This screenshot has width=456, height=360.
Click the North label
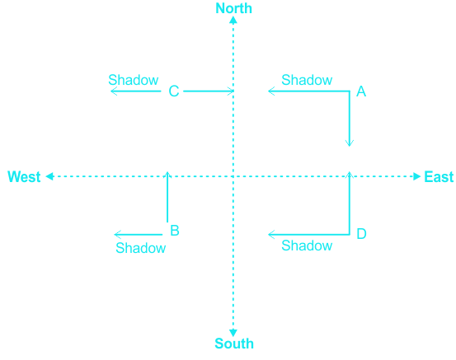pos(233,8)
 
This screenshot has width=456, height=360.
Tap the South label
pos(234,344)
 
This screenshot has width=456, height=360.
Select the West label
pos(24,176)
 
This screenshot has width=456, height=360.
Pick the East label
pos(439,176)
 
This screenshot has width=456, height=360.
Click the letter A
pos(361,91)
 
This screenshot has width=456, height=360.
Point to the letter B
pos(175,231)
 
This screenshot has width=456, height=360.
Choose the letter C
pos(174,91)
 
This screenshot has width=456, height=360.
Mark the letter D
pos(361,234)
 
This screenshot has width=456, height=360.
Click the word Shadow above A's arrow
pos(307,80)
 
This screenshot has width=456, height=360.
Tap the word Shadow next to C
pos(134,80)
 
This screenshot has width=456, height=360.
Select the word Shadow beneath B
pos(141,248)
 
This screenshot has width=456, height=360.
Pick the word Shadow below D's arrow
pos(307,245)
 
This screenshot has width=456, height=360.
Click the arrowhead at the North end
pos(233,20)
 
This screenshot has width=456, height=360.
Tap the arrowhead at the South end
pos(233,333)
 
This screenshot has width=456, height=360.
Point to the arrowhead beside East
pos(417,176)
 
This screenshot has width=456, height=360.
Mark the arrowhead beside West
pos(49,176)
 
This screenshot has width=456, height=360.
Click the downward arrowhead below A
pos(350,143)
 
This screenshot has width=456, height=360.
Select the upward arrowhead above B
pos(167,175)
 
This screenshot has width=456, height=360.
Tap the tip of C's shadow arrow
pos(111,91)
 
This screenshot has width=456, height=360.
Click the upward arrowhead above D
pos(350,175)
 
